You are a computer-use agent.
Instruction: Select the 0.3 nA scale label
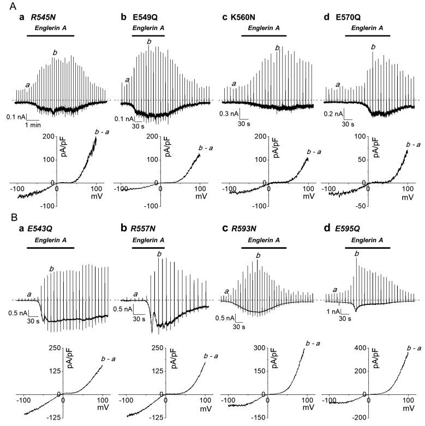pyautogui.click(x=230, y=114)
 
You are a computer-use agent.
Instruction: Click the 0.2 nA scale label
pyautogui.click(x=332, y=114)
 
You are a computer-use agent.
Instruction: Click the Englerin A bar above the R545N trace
pyautogui.click(x=50, y=35)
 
